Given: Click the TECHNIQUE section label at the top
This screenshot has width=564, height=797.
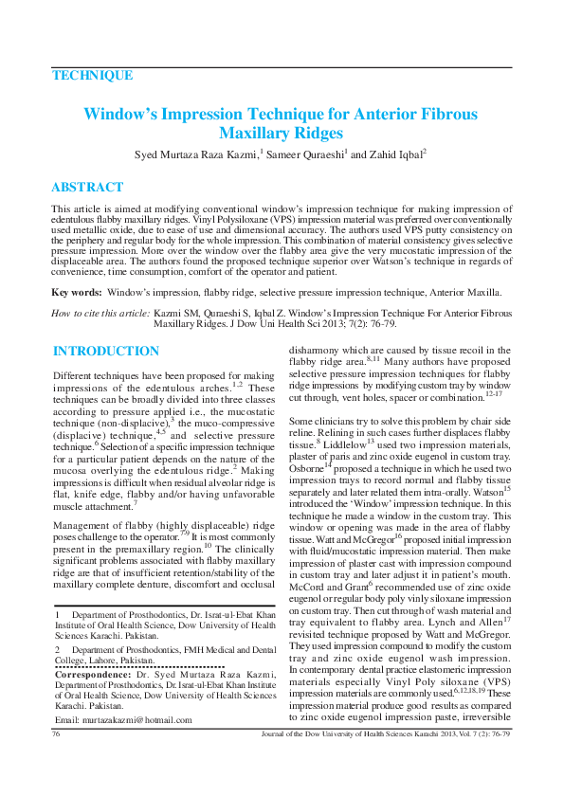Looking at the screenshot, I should pyautogui.click(x=92, y=76).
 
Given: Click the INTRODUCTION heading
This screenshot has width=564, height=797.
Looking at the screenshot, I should pyautogui.click(x=106, y=352).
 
